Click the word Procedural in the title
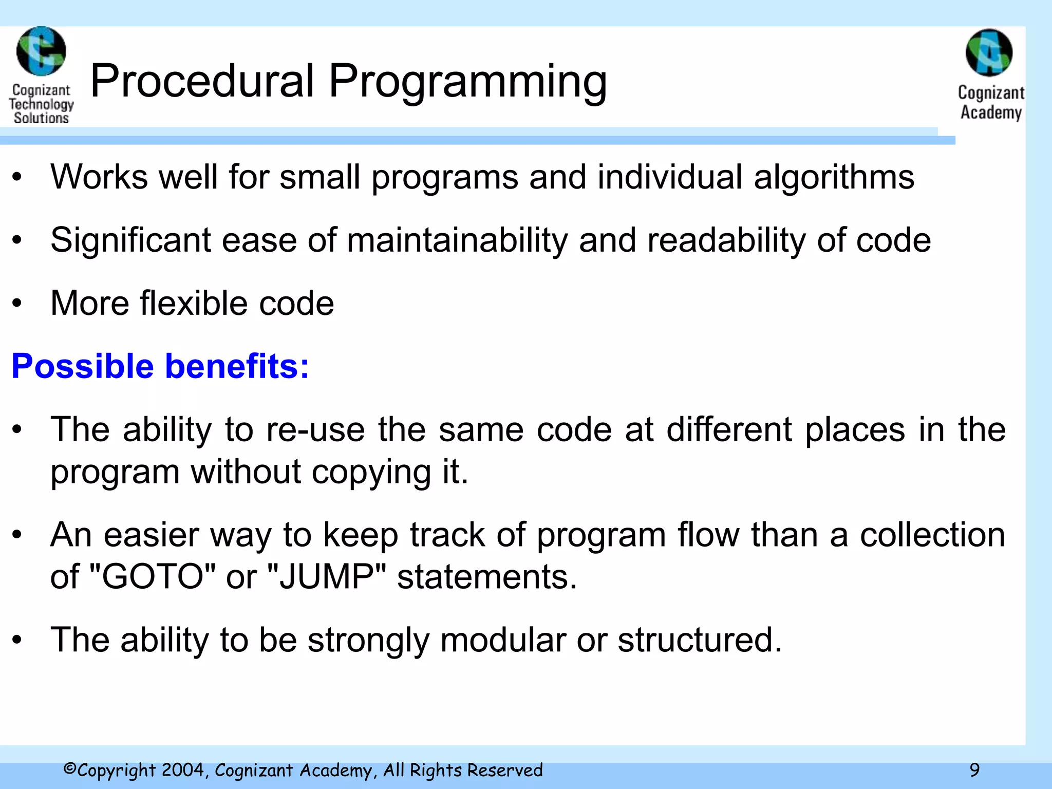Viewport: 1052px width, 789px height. click(202, 81)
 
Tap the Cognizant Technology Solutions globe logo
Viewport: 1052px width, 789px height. click(41, 51)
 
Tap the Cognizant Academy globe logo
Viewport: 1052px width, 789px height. click(989, 53)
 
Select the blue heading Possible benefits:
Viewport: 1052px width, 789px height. click(160, 366)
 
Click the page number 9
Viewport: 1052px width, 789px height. click(974, 770)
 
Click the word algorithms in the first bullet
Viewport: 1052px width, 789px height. click(834, 177)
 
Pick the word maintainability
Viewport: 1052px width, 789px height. click(457, 240)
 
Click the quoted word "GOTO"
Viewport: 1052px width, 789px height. click(152, 576)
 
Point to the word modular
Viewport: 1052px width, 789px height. click(502, 640)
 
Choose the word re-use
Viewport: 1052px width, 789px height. click(315, 429)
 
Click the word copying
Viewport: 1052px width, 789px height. click(371, 472)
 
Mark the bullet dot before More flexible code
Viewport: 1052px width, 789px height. click(17, 304)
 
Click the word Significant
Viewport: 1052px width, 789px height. click(130, 240)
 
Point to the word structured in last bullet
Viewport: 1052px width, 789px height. click(700, 640)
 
